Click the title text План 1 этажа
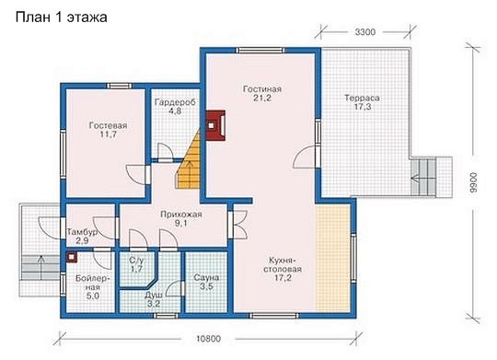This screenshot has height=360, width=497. pyautogui.click(x=61, y=17)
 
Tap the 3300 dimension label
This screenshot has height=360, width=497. pyautogui.click(x=364, y=32)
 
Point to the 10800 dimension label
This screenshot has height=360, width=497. pyautogui.click(x=208, y=339)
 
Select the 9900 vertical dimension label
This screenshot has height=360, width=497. pyautogui.click(x=473, y=182)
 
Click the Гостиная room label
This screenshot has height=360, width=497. pyautogui.click(x=262, y=89)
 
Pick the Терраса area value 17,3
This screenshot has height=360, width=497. pyautogui.click(x=363, y=107)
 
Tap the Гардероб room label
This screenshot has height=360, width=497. pyautogui.click(x=175, y=102)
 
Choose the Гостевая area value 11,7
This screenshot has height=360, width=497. pyautogui.click(x=108, y=134)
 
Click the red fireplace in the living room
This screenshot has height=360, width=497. pyautogui.click(x=215, y=125)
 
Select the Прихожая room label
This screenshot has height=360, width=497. pyautogui.click(x=181, y=215)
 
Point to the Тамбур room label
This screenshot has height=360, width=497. pyautogui.click(x=82, y=232)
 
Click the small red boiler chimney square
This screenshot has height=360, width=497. pyautogui.click(x=72, y=257)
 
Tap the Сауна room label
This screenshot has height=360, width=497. pyautogui.click(x=206, y=278)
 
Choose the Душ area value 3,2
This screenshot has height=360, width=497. pyautogui.click(x=154, y=304)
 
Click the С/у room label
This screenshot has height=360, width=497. pyautogui.click(x=136, y=261)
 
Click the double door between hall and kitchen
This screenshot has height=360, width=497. pyautogui.click(x=238, y=225)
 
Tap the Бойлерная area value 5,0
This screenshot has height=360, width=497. pyautogui.click(x=92, y=296)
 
